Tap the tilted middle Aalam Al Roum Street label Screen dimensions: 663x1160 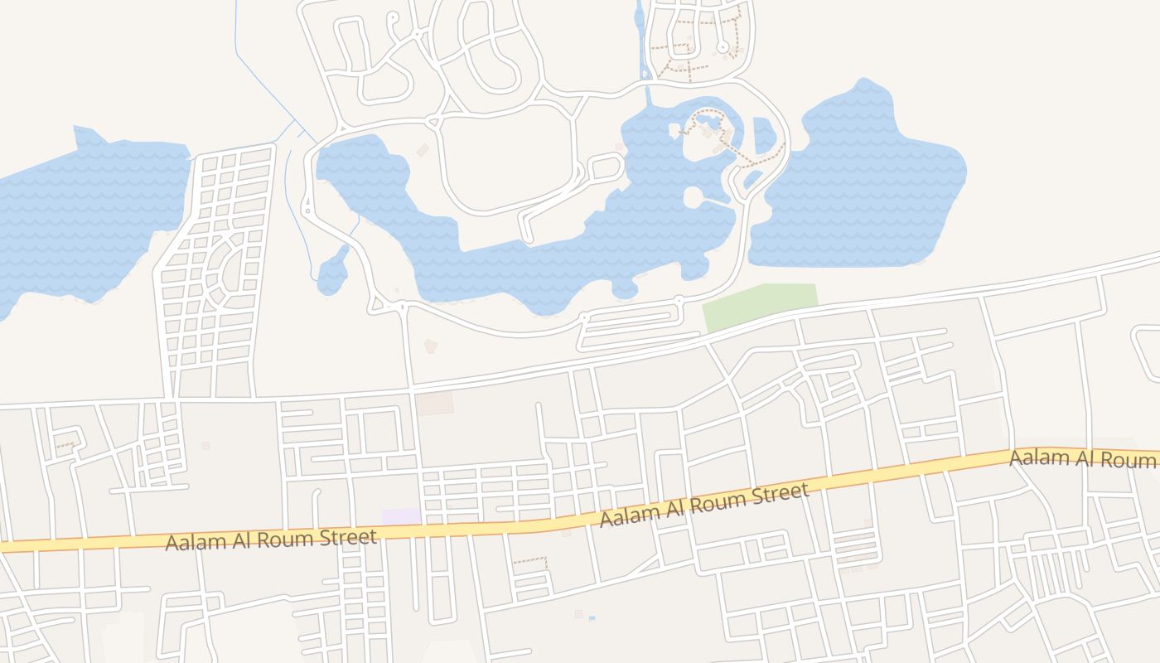[x=703, y=505]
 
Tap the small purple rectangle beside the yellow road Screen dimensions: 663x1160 [x=401, y=516]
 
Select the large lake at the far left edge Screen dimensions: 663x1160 [x=83, y=220]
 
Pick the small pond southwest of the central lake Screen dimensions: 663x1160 [x=333, y=271]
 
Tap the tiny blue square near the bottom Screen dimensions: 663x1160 [x=592, y=617]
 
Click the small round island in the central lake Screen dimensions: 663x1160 [x=694, y=197]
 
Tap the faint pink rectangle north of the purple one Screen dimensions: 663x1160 [x=434, y=404]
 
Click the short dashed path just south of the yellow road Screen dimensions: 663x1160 [x=530, y=561]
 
